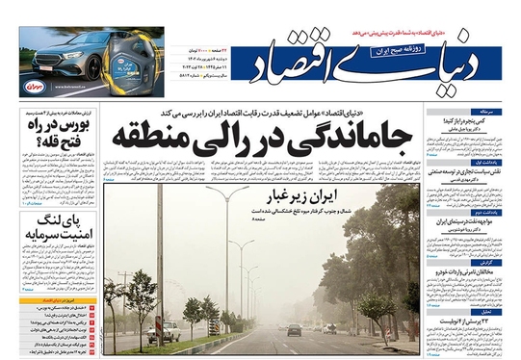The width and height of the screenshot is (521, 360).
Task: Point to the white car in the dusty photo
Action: pyautogui.click(x=169, y=332)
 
